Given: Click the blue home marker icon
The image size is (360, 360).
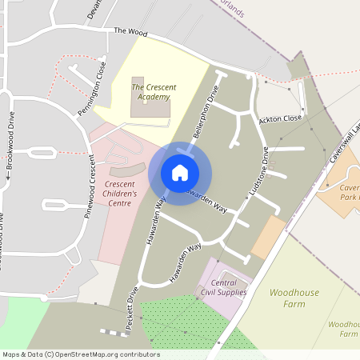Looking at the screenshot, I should (180, 173).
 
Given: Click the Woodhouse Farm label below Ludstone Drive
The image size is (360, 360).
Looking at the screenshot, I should (294, 298).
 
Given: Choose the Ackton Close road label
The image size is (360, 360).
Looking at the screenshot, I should (280, 119).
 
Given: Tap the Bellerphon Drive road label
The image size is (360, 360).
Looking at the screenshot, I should (206, 111).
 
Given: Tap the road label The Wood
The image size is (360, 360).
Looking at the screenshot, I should (132, 31).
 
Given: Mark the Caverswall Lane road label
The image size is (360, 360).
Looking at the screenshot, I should (346, 145).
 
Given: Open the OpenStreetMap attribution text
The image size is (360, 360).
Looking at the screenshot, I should (80, 354).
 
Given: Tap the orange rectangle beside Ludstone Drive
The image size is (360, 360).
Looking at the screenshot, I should (268, 238).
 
